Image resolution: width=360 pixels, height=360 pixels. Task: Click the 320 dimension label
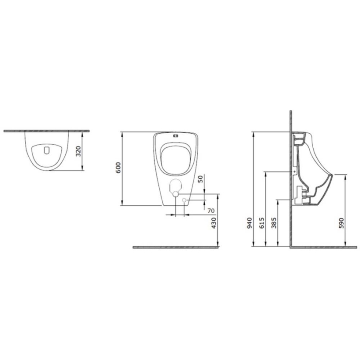78,151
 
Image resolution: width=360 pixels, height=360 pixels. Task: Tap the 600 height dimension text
118,168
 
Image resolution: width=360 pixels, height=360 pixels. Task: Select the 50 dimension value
201,179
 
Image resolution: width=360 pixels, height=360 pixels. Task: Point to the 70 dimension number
211,210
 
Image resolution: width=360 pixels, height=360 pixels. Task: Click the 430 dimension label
214,223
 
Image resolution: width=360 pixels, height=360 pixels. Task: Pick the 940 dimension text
249,223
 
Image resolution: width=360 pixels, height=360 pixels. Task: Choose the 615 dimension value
262,223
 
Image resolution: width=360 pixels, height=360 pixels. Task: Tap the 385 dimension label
274,223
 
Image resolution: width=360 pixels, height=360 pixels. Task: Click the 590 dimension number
342,223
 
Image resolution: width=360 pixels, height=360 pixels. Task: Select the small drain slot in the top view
47,150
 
